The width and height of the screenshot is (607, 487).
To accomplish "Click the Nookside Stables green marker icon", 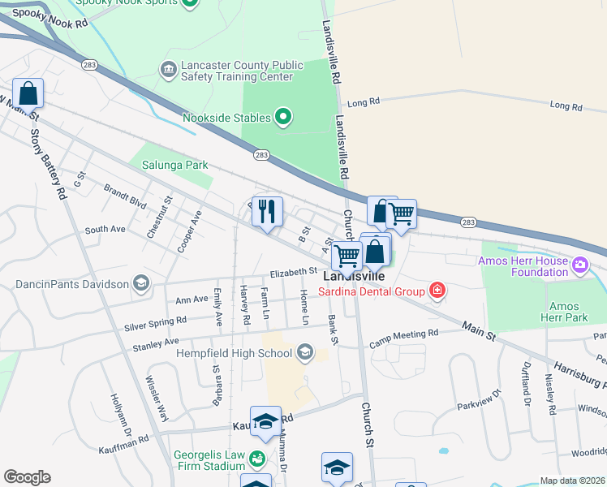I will pyautogui.click(x=283, y=118).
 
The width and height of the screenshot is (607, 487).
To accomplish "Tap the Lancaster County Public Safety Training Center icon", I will pyautogui.click(x=169, y=70).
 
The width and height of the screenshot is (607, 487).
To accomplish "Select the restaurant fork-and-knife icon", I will pyautogui.click(x=267, y=212).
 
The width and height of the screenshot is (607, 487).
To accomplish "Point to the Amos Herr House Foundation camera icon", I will pyautogui.click(x=580, y=265).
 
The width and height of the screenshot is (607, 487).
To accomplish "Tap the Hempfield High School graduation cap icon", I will pyautogui.click(x=305, y=352).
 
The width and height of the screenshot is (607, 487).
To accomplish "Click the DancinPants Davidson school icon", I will pyautogui.click(x=141, y=283).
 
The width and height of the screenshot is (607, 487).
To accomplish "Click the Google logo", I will pyautogui.click(x=27, y=477).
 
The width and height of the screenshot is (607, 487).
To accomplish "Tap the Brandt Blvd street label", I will pyautogui.click(x=125, y=196).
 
